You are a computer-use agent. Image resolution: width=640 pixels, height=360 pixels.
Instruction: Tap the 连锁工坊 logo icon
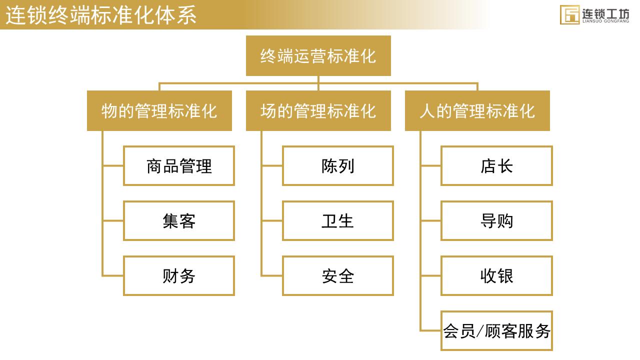tap(569, 14)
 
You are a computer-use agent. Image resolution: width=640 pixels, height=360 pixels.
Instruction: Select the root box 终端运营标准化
tap(318, 55)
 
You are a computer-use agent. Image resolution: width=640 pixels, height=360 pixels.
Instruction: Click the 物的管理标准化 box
tap(159, 110)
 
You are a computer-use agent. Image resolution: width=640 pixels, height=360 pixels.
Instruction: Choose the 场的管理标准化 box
tap(318, 110)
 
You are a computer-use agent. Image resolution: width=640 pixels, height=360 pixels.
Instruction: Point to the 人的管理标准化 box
tap(477, 110)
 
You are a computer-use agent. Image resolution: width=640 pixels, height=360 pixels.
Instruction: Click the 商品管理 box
tap(179, 165)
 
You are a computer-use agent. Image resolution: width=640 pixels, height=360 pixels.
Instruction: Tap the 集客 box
tap(179, 220)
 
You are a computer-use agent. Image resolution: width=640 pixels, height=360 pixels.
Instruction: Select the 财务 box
tap(179, 275)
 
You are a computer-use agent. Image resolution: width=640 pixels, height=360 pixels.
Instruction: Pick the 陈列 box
tap(337, 165)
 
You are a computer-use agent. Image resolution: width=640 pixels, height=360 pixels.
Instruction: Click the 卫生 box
tap(337, 220)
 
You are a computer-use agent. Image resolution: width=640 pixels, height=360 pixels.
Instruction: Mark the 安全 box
tap(337, 275)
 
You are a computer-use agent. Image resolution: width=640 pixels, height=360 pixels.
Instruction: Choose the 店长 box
tap(496, 165)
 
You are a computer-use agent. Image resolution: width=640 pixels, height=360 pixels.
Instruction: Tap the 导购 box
tap(496, 220)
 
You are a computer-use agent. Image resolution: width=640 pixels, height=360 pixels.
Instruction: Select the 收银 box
tap(496, 275)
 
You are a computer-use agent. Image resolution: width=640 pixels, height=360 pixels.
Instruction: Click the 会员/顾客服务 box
tap(496, 330)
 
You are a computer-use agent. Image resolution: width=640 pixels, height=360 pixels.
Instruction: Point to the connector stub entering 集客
tap(113, 220)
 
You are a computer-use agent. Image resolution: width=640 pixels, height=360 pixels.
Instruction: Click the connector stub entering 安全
tap(272, 275)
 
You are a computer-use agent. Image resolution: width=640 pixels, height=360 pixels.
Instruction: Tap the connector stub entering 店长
tap(431, 165)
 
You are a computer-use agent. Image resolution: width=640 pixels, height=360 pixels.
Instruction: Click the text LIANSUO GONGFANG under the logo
tap(605, 21)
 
